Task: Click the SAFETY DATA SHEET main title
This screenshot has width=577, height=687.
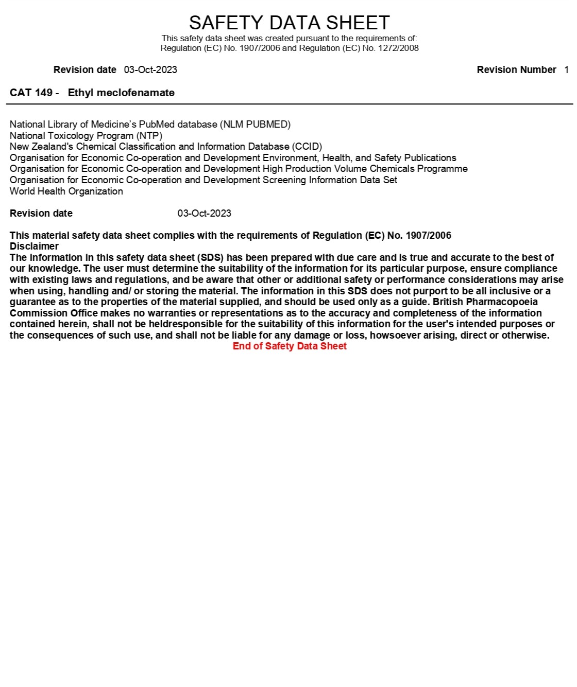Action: click(x=289, y=23)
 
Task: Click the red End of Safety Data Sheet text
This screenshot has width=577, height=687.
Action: click(x=290, y=346)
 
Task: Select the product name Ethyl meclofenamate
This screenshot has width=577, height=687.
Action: click(x=121, y=93)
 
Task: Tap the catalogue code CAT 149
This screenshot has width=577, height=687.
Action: click(x=31, y=93)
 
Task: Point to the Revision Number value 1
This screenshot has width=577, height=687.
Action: click(x=566, y=69)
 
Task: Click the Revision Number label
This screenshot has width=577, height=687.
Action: click(x=516, y=69)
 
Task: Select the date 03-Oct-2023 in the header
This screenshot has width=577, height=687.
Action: click(x=150, y=69)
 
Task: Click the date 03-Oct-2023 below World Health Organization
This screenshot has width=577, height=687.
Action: click(x=204, y=213)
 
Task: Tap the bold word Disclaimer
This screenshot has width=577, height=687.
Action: click(x=34, y=246)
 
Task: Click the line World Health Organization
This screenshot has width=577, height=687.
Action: click(x=66, y=191)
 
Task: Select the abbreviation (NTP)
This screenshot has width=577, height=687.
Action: click(x=149, y=135)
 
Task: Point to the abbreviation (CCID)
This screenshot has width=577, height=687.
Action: click(x=307, y=147)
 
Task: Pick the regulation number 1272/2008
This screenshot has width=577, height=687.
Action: click(x=398, y=48)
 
